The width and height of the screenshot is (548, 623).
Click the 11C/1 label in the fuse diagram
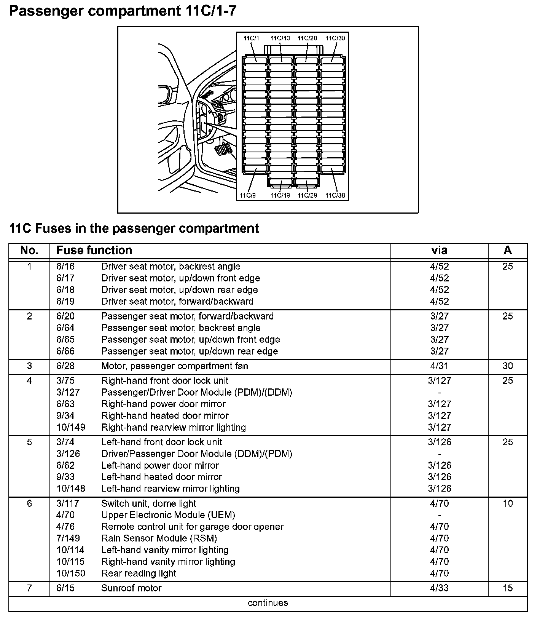click(251, 38)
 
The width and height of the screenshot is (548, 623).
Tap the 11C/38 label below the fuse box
click(335, 195)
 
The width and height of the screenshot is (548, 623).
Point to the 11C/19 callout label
click(280, 195)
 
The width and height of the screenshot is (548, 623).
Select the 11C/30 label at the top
click(335, 38)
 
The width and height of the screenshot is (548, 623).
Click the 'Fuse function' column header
click(94, 250)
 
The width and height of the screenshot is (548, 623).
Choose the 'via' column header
click(439, 250)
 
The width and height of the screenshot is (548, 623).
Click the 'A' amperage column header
click(508, 250)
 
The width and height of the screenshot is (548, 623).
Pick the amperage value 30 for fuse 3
click(508, 366)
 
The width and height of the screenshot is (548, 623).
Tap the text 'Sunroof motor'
click(131, 588)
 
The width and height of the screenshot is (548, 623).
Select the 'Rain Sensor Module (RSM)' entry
click(159, 538)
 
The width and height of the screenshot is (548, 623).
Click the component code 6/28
click(65, 366)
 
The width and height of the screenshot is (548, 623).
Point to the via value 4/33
click(439, 588)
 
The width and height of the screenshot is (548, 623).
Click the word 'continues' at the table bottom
click(268, 603)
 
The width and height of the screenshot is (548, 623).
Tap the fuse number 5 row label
click(29, 442)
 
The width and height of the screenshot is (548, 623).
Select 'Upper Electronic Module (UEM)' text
click(168, 515)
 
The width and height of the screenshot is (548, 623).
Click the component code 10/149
click(71, 427)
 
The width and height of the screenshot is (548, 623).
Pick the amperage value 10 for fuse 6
click(508, 503)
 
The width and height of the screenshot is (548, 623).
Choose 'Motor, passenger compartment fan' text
click(174, 366)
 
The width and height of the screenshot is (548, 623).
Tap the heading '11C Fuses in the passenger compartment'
click(134, 228)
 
